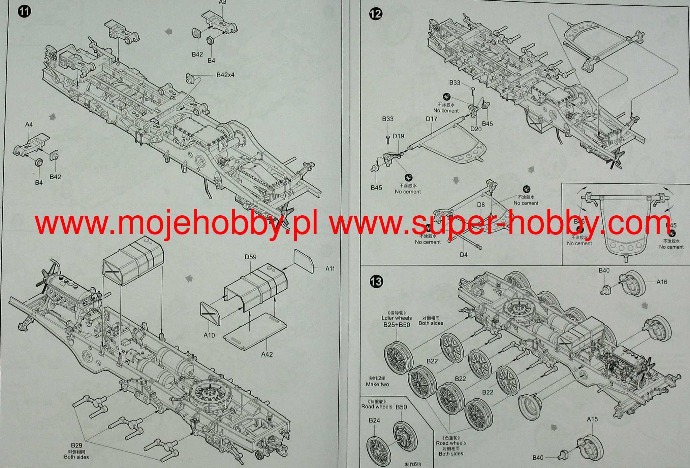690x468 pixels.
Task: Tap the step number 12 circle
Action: [376, 14]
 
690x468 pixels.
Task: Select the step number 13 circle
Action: [376, 281]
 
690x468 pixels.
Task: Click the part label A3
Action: [222, 2]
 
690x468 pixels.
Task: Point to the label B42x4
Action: [225, 75]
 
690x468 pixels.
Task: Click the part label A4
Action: [29, 124]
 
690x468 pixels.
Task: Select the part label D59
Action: [250, 257]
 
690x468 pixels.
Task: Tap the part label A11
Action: [330, 268]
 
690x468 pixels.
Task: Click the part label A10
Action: [209, 335]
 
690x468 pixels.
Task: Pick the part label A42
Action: [267, 354]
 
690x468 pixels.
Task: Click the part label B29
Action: [76, 445]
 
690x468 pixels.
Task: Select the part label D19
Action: [398, 136]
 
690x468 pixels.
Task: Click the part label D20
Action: [476, 129]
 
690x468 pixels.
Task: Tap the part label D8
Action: [481, 205]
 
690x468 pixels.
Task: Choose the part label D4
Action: [464, 255]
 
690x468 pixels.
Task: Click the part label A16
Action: [662, 282]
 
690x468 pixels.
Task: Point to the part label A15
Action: [592, 419]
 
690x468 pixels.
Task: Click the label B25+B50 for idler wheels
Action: [397, 325]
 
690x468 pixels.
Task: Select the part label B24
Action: [374, 420]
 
